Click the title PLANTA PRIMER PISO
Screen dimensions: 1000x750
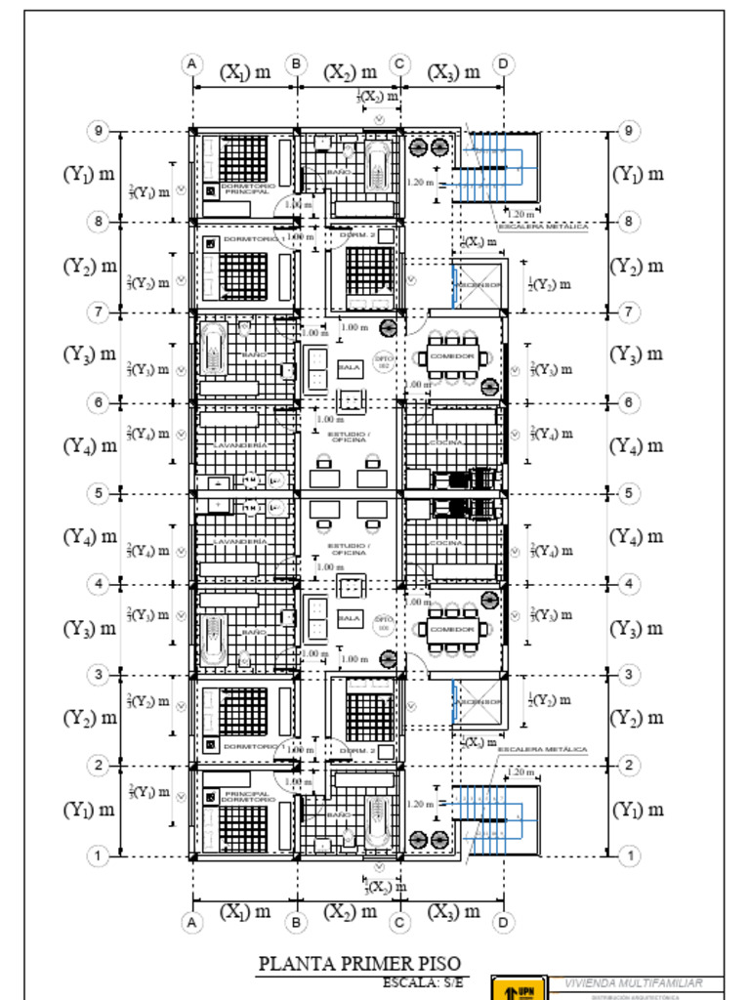click(358, 964)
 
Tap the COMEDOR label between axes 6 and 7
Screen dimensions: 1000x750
click(452, 356)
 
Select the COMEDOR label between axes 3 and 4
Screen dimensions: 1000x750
click(452, 630)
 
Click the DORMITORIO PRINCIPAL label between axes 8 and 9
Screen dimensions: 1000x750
click(247, 188)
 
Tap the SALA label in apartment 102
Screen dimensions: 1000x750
click(349, 368)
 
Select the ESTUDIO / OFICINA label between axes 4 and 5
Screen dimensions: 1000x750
click(349, 550)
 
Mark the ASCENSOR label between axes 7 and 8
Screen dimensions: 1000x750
click(479, 285)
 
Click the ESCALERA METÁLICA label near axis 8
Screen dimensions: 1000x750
click(543, 227)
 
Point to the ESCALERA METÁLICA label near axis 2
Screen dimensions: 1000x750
click(543, 750)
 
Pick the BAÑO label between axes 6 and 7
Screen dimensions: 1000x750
click(253, 354)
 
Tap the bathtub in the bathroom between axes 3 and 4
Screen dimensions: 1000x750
click(214, 640)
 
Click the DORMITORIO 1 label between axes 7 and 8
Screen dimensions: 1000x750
click(255, 238)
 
